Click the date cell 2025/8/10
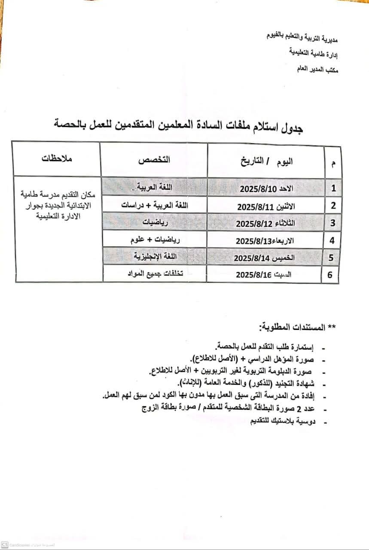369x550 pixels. [x=265, y=188]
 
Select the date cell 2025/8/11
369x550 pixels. [x=265, y=206]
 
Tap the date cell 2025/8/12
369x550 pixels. [x=265, y=223]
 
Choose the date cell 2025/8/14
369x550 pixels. [x=264, y=258]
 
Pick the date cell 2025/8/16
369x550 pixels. [x=263, y=275]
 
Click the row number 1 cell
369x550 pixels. [x=333, y=188]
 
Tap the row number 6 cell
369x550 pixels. [x=330, y=275]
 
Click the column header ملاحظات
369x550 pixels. [x=57, y=159]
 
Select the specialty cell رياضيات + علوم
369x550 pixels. [x=156, y=240]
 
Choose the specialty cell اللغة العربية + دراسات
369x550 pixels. [x=156, y=205]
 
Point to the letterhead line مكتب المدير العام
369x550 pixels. [x=317, y=69]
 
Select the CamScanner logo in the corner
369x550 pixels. [x=5, y=544]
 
